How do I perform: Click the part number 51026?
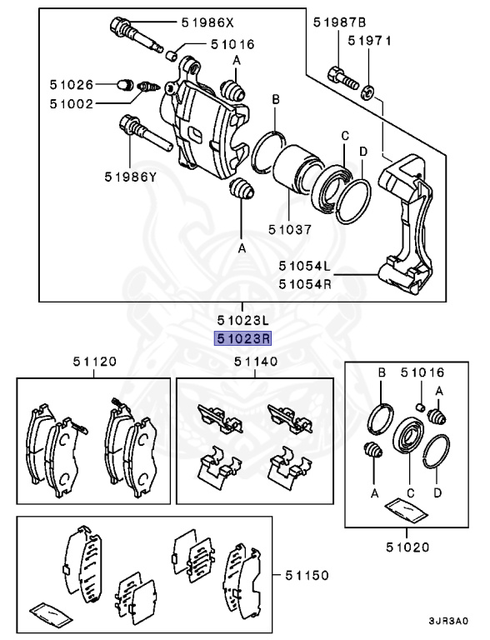pos(73,84)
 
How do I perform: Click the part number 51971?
pos(369,40)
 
